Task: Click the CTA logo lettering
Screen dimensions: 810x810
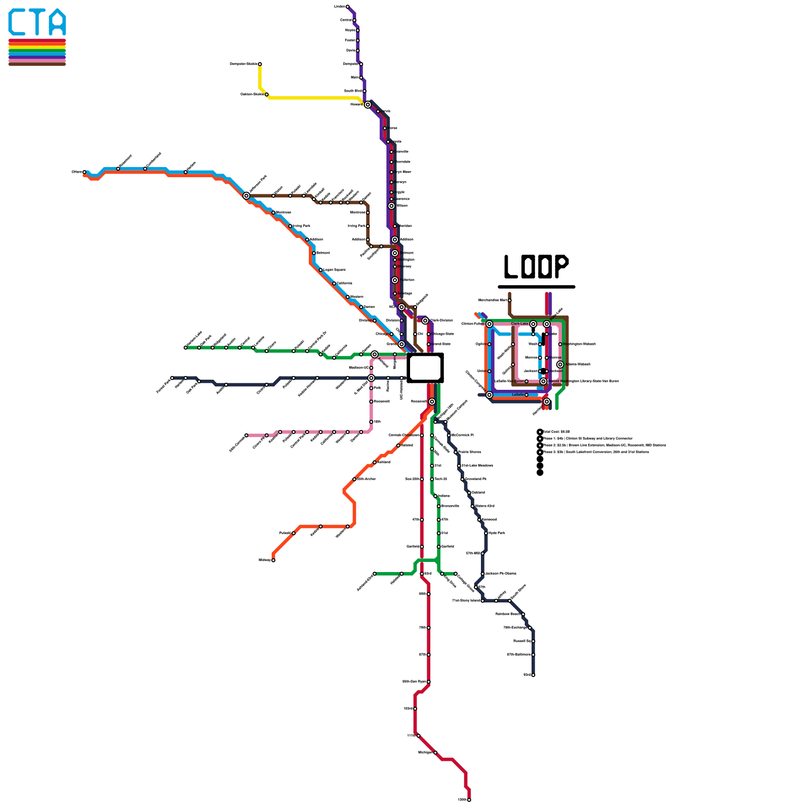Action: tap(37, 22)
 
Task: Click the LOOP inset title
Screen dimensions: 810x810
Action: tap(536, 266)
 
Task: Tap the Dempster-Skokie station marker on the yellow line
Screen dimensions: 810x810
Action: tap(260, 64)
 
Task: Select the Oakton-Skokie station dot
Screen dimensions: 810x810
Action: tap(267, 95)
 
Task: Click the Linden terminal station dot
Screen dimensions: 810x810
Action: tap(347, 7)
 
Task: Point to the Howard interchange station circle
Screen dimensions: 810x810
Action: tap(368, 105)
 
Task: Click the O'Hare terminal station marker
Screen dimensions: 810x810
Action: tap(85, 172)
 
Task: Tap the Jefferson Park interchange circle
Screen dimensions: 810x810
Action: tap(247, 196)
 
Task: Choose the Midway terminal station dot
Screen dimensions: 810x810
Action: tap(273, 560)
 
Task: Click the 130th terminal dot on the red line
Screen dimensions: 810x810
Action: tap(469, 800)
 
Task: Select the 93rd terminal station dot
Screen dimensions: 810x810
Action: tap(533, 675)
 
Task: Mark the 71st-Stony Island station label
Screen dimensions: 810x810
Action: tap(466, 601)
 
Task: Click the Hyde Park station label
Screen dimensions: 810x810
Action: tap(497, 533)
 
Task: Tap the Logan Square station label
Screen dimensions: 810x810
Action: tap(334, 270)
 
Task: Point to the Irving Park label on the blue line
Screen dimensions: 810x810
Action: tap(302, 226)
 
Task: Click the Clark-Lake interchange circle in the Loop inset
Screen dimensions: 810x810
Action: tap(533, 324)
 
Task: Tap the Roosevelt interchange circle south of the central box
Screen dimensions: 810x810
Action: tap(432, 401)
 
